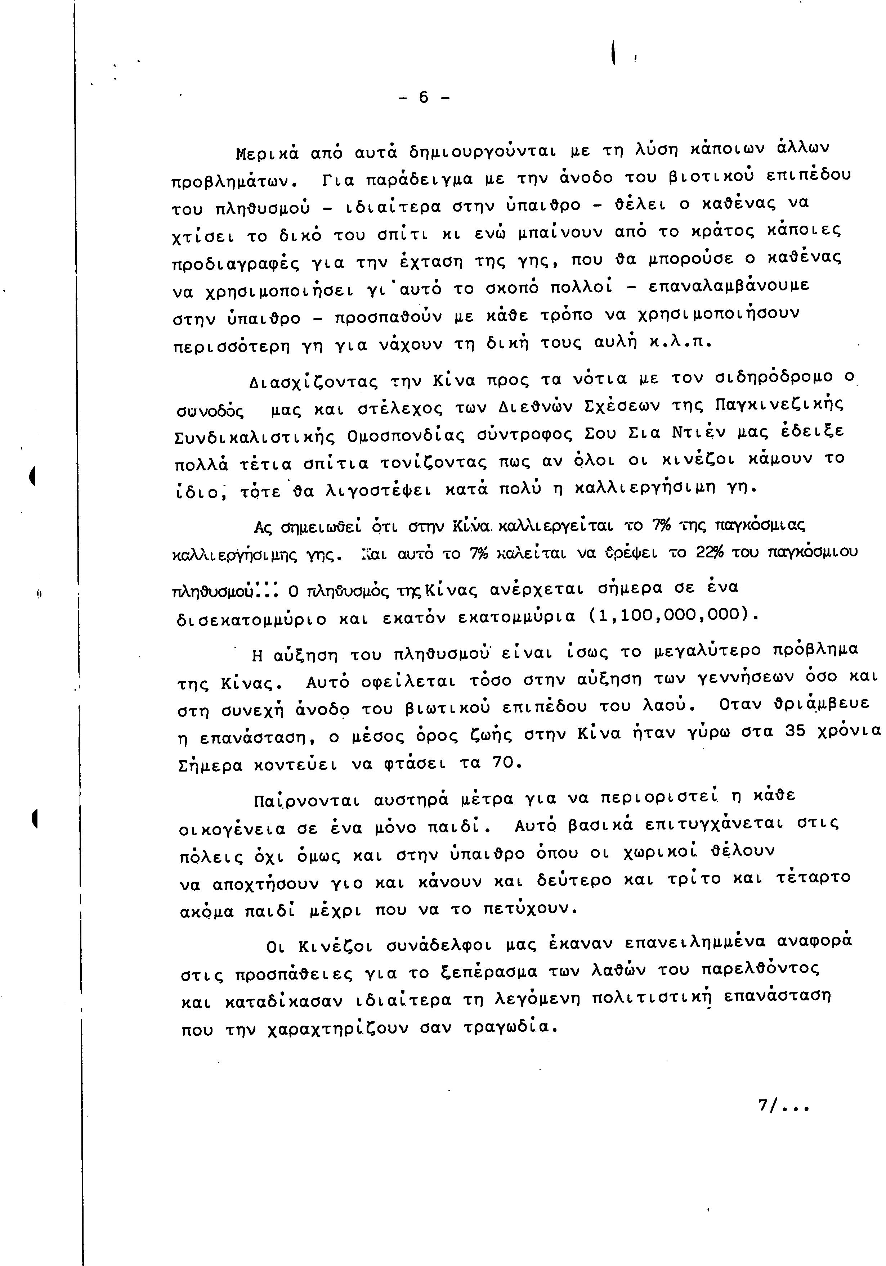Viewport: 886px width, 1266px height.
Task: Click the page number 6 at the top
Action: point(423,98)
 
